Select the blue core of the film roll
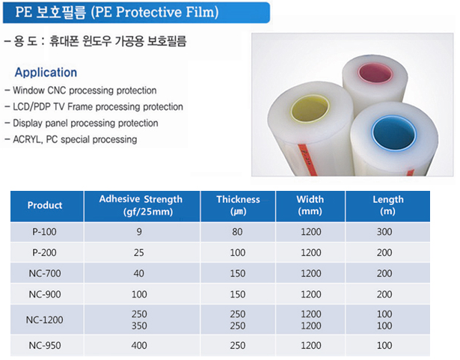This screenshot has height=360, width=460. click(393, 132)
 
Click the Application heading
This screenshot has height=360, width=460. click(46, 73)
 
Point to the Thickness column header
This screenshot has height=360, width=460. click(238, 205)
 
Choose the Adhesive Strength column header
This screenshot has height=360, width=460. click(141, 205)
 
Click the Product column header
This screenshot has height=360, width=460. click(45, 205)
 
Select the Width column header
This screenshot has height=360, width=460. click(310, 205)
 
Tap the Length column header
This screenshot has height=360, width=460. click(388, 205)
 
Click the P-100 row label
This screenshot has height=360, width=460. click(44, 232)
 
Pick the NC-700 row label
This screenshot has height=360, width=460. click(45, 273)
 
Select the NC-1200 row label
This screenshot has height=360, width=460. click(45, 320)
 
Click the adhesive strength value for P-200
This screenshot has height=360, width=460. click(139, 252)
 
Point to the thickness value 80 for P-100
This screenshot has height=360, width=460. click(237, 232)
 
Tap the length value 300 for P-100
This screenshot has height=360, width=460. click(384, 232)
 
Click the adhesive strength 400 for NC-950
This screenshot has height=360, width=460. click(139, 345)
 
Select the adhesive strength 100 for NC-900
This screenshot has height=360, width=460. click(139, 294)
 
